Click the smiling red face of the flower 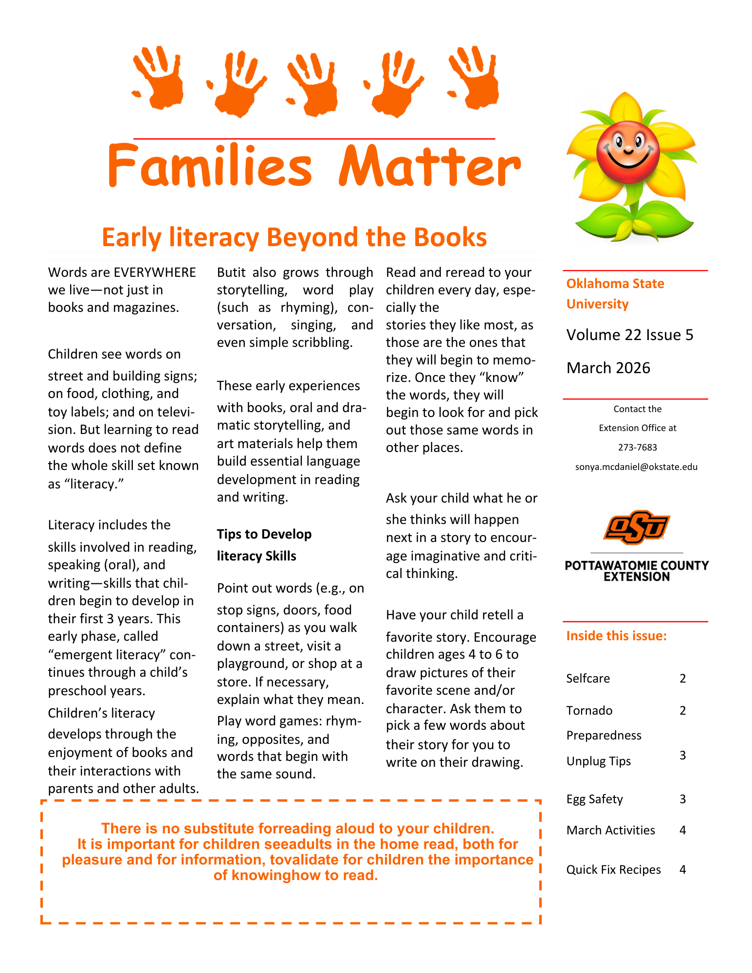coord(628,150)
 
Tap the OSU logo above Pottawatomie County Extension coord(637,527)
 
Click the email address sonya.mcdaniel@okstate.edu coord(636,467)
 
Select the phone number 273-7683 coord(637,448)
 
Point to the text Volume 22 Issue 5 coord(629,335)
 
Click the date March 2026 coord(608,368)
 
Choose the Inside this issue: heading coord(616,636)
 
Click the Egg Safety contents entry coord(594,799)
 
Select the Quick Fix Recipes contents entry coord(613,870)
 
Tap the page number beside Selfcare coord(682,679)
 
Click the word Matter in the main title coord(430,166)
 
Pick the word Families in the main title coord(209,166)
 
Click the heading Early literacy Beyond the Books coord(294,237)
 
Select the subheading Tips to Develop coord(264,534)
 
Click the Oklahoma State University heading coord(615,293)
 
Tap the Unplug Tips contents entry coord(598,761)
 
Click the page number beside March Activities coord(682,830)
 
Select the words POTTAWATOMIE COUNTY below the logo coord(637,565)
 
